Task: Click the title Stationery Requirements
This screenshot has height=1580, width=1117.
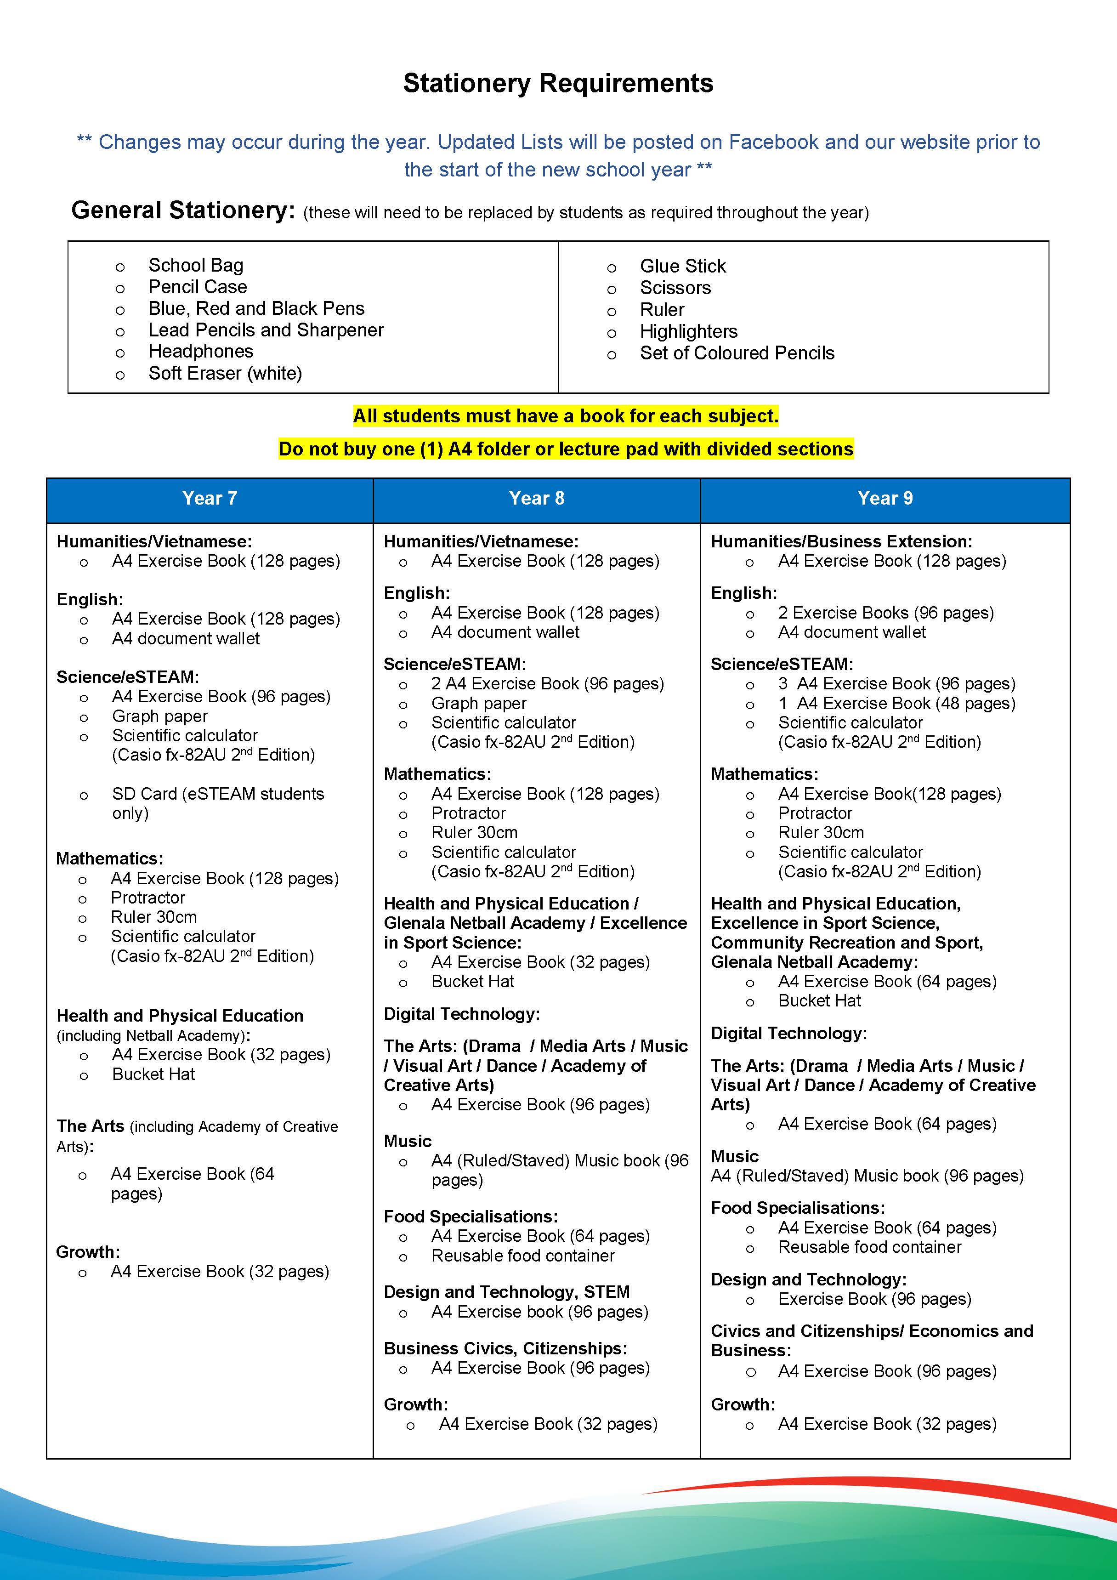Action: tap(558, 83)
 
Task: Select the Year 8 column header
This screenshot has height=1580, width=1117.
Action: tap(536, 498)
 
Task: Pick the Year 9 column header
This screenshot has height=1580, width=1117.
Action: tap(885, 498)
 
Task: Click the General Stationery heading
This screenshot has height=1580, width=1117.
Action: tap(183, 210)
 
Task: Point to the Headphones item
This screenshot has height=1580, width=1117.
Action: tap(201, 352)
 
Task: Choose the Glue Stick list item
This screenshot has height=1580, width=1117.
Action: tap(683, 266)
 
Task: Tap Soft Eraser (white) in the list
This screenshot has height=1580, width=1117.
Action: tap(225, 374)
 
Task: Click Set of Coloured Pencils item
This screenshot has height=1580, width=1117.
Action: tap(737, 353)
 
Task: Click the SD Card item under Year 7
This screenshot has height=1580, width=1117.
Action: tap(217, 802)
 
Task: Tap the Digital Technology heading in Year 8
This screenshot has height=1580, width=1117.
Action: tap(461, 1014)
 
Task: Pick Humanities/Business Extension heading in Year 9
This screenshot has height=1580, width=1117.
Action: tap(841, 541)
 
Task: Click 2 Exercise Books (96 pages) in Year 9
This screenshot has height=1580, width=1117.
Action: tap(886, 613)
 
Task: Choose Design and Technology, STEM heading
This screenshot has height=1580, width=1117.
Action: tap(506, 1292)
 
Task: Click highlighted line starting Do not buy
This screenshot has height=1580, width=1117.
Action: tap(565, 449)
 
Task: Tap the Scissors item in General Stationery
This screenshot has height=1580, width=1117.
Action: tap(675, 288)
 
